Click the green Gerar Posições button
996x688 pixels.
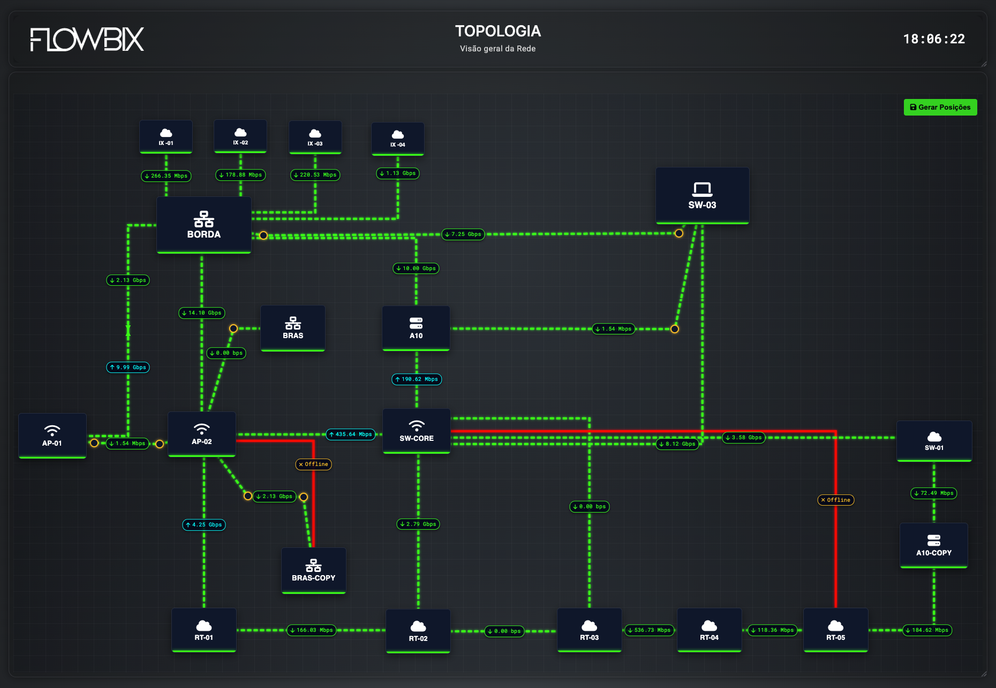pos(940,107)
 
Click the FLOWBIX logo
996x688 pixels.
pos(87,40)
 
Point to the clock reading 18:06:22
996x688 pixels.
pos(934,39)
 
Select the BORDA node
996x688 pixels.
pos(203,225)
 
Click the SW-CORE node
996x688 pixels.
pos(417,431)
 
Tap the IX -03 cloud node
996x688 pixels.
pos(315,137)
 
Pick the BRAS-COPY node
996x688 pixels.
pos(313,570)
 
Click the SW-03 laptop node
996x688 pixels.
pos(702,195)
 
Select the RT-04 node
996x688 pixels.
pos(709,630)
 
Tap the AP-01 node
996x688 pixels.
pos(52,435)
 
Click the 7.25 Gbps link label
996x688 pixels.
pos(463,234)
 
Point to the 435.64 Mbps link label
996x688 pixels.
pos(351,434)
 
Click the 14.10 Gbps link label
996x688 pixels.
pos(201,313)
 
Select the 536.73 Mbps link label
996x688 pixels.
pos(649,630)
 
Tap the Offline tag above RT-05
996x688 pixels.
pos(835,500)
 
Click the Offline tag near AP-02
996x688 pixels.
pos(313,464)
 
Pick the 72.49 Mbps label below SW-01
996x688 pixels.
pos(933,493)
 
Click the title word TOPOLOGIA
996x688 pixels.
pos(498,31)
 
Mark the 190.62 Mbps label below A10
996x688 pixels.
pos(417,379)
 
